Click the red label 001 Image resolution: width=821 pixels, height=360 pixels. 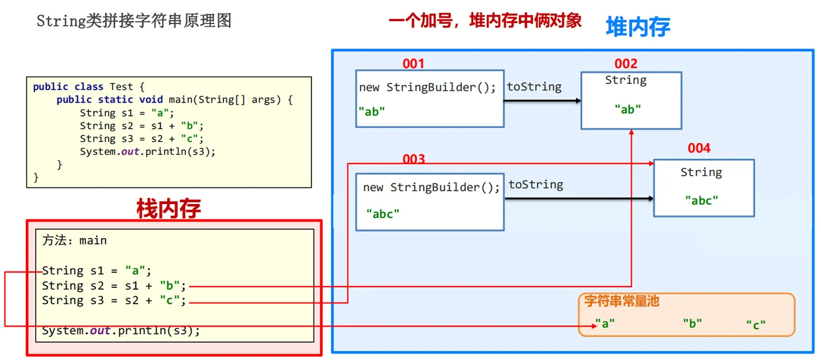(413, 64)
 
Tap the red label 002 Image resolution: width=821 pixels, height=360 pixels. (626, 64)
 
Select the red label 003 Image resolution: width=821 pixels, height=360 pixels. (413, 159)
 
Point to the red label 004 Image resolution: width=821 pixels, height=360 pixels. (699, 148)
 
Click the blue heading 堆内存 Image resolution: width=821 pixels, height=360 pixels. (637, 27)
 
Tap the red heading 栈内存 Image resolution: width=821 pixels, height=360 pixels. (168, 209)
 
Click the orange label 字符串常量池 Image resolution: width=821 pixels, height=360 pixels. (622, 301)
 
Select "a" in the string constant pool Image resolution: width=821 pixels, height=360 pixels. (605, 323)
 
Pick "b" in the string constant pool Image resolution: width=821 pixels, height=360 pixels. (692, 323)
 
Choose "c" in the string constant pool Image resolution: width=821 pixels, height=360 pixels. (756, 324)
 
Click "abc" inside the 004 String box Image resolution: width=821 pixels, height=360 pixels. (701, 201)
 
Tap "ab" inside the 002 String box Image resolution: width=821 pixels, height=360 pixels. (627, 109)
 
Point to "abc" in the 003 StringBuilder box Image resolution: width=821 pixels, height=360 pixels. (383, 214)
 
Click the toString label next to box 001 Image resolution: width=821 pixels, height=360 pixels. (534, 87)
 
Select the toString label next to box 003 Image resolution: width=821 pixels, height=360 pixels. (535, 185)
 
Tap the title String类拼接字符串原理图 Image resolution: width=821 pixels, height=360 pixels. (134, 21)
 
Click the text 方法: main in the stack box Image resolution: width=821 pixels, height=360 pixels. (74, 240)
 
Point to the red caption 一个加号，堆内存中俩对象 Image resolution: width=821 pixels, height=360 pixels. (485, 21)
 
